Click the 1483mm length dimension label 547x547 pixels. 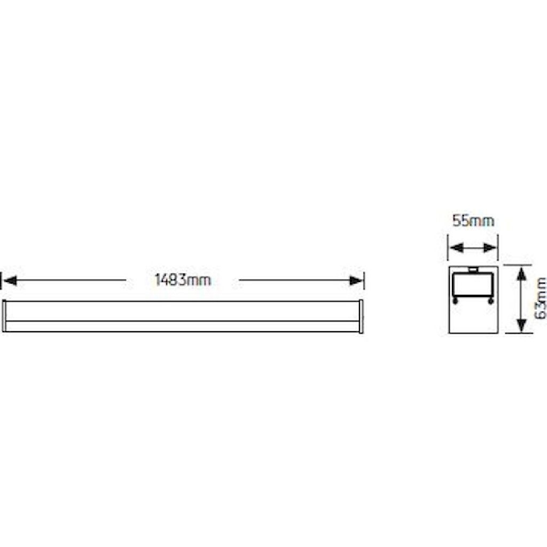183,280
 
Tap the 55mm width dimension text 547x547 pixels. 473,221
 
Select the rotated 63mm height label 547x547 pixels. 541,298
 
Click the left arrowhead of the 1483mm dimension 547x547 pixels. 10,280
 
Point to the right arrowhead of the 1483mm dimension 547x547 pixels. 356,280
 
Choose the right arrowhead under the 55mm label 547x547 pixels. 489,248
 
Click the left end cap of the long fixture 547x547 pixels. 4,316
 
